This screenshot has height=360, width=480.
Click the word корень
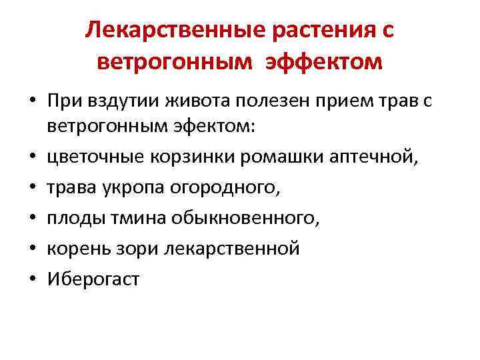75,248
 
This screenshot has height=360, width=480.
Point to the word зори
125,248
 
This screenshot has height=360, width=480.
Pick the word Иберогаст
93,279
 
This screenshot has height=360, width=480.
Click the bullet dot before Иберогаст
32,279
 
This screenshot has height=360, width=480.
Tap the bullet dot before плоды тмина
32,217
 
